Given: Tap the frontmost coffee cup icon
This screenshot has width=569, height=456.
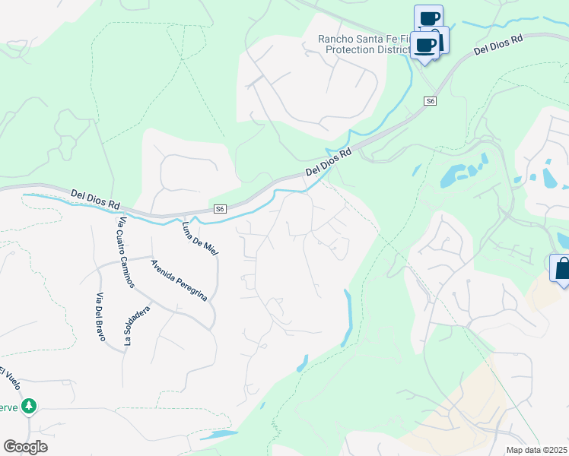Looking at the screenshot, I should tap(426, 45).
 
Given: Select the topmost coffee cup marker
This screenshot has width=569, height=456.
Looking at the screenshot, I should tap(429, 17).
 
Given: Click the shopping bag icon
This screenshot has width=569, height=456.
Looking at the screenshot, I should tap(562, 268).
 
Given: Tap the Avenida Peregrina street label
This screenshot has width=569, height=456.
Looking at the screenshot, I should tap(179, 280).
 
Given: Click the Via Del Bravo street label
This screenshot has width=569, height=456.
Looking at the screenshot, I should tap(100, 317).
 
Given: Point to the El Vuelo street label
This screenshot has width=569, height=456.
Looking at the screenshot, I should tap(9, 378).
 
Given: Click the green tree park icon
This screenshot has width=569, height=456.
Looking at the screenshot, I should tap(29, 407).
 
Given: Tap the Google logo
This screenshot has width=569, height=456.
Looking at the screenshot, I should tap(25, 446).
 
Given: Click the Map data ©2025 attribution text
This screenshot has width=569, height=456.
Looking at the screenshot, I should tap(537, 450).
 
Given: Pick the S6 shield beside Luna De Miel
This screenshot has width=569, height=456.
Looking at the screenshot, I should tap(220, 209).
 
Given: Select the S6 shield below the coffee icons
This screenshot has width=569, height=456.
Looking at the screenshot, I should tap(430, 101).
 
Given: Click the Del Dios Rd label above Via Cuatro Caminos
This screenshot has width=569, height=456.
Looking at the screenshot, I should tap(96, 200).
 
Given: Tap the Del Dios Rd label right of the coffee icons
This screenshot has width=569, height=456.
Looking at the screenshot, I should tap(498, 45).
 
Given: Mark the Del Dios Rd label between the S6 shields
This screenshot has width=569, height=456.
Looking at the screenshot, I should tap(329, 162).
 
